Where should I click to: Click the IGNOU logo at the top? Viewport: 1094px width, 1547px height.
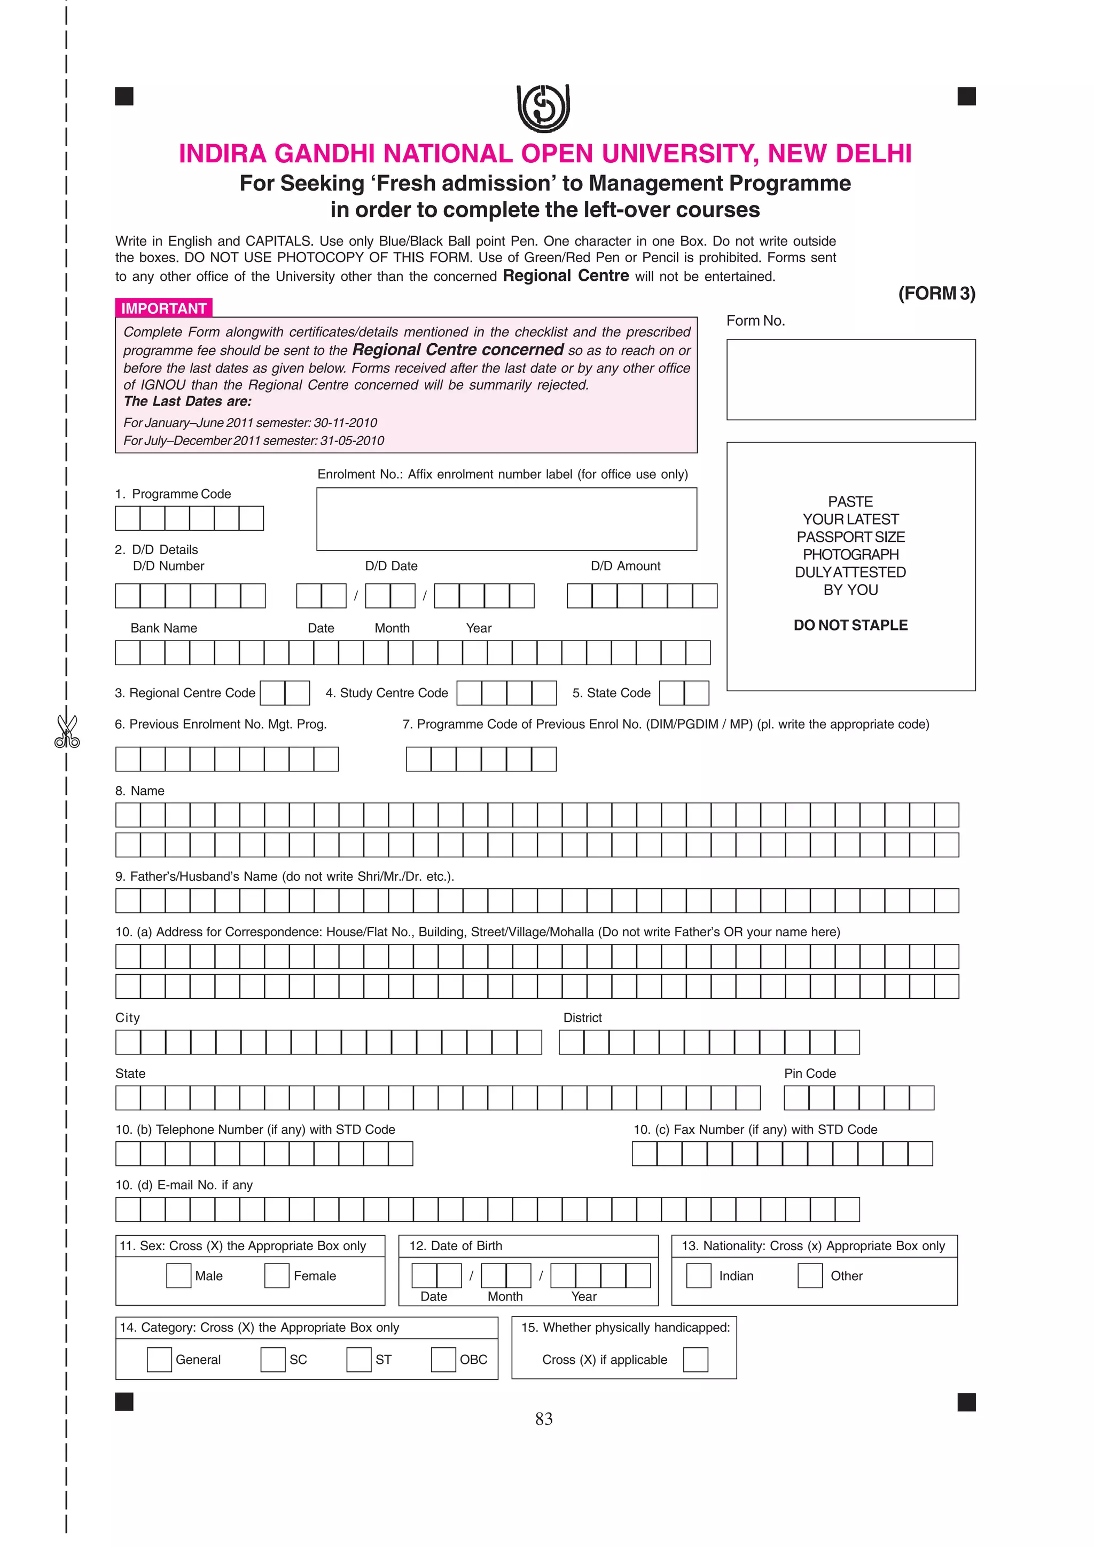[x=543, y=108]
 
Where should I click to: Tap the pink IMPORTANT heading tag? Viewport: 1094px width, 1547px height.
[x=164, y=308]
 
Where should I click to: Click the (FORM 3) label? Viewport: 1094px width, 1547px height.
[x=936, y=293]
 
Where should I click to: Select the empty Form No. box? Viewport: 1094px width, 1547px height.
[x=850, y=380]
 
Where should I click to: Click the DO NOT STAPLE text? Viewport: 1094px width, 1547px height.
[x=850, y=625]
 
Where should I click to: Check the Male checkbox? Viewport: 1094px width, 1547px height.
[x=178, y=1275]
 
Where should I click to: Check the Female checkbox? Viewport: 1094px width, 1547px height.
[x=276, y=1275]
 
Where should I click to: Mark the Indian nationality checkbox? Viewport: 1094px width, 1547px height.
[x=698, y=1275]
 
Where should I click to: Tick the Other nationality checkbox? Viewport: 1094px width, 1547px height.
[x=809, y=1275]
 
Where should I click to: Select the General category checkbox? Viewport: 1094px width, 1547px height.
[x=159, y=1359]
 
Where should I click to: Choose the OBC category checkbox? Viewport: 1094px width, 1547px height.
[x=443, y=1359]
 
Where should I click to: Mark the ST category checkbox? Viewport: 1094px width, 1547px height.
[x=358, y=1359]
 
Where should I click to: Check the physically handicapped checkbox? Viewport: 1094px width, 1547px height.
[x=695, y=1359]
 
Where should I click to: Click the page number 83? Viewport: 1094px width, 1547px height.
[x=544, y=1419]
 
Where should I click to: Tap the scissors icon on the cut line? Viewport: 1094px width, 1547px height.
[x=67, y=731]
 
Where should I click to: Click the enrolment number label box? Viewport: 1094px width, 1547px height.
[x=506, y=519]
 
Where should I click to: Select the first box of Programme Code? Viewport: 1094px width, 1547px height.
[x=127, y=518]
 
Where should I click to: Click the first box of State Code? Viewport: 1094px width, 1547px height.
[x=671, y=693]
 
